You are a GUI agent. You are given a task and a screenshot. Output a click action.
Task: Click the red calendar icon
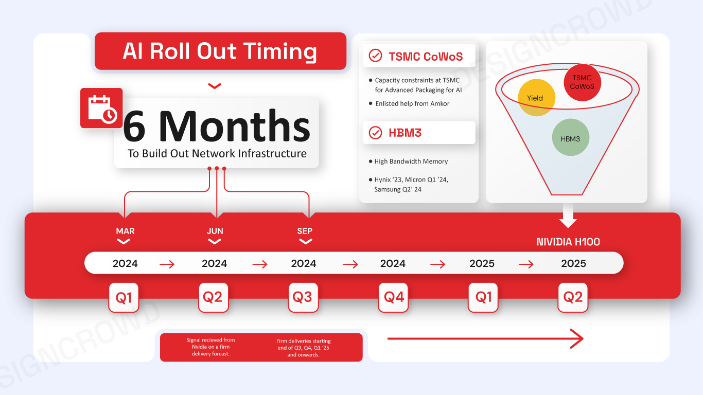[x=101, y=108]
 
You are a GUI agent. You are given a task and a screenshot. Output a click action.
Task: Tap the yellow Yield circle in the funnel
[x=536, y=98]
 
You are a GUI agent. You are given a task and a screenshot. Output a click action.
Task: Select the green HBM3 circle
[x=571, y=137]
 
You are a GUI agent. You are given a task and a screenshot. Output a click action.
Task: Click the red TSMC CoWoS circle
[x=582, y=82]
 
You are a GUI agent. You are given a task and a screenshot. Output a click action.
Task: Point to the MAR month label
[x=125, y=231]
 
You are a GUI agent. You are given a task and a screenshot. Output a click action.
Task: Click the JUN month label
[x=215, y=231]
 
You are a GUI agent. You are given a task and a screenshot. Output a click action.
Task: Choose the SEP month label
[x=305, y=231]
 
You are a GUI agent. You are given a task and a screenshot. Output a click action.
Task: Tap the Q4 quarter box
[x=393, y=297]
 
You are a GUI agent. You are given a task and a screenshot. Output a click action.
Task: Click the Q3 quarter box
[x=303, y=297]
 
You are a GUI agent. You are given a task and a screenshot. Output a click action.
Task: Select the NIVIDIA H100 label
[x=568, y=242]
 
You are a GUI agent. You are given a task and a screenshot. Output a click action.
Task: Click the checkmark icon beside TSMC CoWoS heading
[x=375, y=56]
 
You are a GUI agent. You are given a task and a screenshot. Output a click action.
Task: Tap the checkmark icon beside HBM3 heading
[x=375, y=132]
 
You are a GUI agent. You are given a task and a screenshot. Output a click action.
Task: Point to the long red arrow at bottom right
[x=485, y=338]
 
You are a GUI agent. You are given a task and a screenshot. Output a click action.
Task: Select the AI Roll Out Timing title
[x=220, y=51]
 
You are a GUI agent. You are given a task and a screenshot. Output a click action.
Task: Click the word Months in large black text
[x=235, y=126]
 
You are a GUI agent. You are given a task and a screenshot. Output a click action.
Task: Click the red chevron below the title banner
[x=215, y=86]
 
